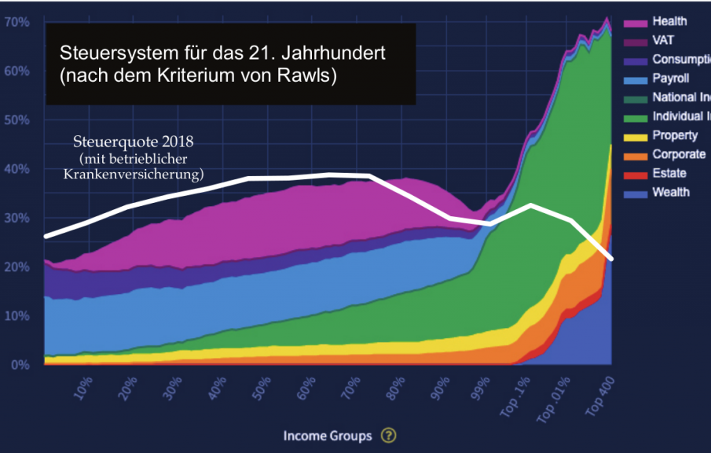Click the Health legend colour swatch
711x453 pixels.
pyautogui.click(x=637, y=21)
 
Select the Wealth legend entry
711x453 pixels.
pyautogui.click(x=670, y=192)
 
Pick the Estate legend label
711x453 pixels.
pyautogui.click(x=669, y=173)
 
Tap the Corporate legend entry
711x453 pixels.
pyautogui.click(x=678, y=154)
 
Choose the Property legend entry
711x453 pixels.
pyautogui.click(x=675, y=135)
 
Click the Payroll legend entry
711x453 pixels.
pyautogui.click(x=671, y=79)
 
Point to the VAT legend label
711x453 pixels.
pyautogui.click(x=663, y=40)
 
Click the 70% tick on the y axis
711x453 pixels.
pyautogui.click(x=16, y=22)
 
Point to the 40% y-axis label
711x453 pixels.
pyautogui.click(x=16, y=169)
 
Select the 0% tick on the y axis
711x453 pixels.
pyautogui.click(x=20, y=365)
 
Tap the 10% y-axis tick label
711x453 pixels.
pyautogui.click(x=16, y=316)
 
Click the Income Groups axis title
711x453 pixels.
pyautogui.click(x=328, y=436)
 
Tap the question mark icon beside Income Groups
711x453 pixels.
pyautogui.click(x=388, y=436)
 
